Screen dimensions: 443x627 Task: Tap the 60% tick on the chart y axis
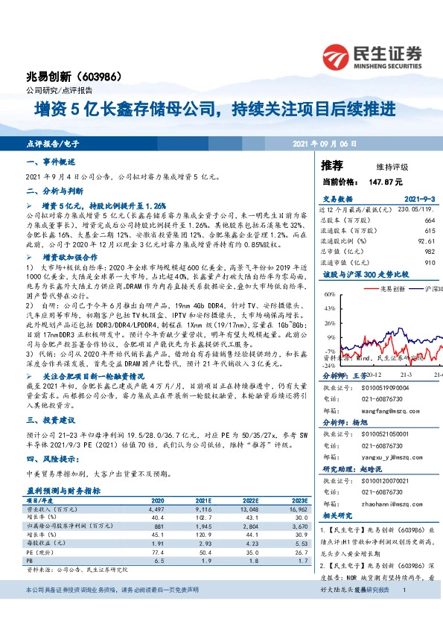(329, 296)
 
